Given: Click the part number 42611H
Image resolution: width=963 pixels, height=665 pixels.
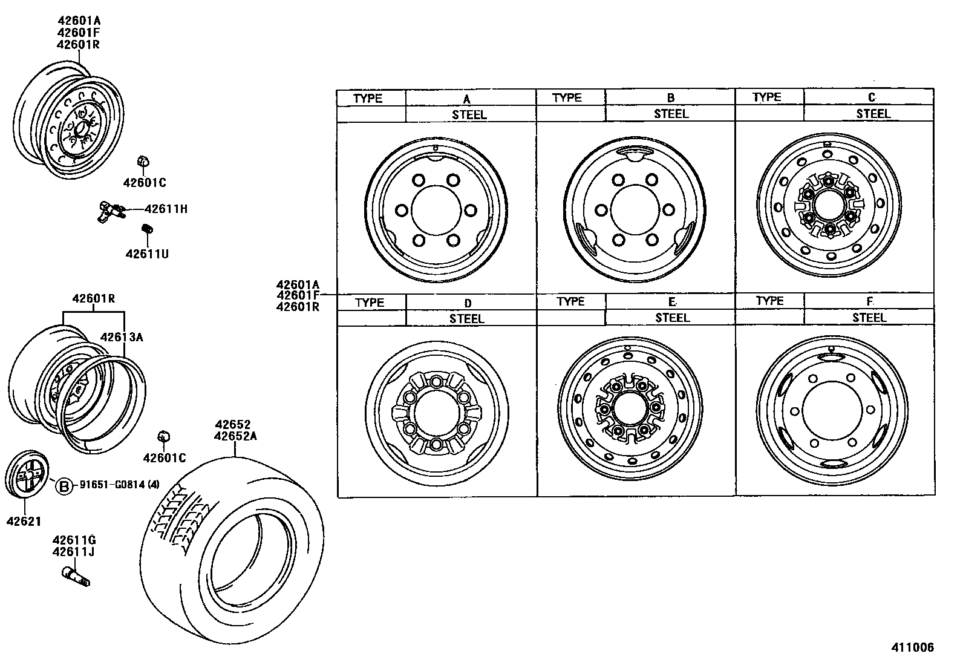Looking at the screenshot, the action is [x=166, y=209].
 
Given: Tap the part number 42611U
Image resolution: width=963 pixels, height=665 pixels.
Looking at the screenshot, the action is [x=147, y=254].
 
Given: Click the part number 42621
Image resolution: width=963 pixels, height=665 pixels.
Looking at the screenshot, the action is [x=24, y=521].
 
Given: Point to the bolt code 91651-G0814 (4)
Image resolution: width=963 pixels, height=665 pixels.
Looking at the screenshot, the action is [x=118, y=485].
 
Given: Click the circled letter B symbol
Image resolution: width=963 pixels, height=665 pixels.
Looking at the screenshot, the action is [x=63, y=485].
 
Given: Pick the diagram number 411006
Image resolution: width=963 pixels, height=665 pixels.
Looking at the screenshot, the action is [x=912, y=647].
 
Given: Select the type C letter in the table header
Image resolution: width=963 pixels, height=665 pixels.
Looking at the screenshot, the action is [x=871, y=97].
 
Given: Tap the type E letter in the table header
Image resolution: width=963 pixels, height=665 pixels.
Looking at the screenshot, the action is [x=671, y=302].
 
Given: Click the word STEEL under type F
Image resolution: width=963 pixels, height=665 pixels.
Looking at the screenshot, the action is [x=869, y=318].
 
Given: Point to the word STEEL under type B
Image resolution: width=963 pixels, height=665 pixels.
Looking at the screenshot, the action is [x=671, y=114].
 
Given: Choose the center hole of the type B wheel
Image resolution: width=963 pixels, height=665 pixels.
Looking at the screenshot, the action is [x=635, y=210].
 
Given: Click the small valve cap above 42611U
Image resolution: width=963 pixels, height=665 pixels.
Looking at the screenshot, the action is [x=146, y=229].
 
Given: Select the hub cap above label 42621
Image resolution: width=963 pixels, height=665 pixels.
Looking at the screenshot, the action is [x=28, y=474].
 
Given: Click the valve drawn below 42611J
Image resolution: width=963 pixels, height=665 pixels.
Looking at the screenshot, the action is [x=76, y=575].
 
